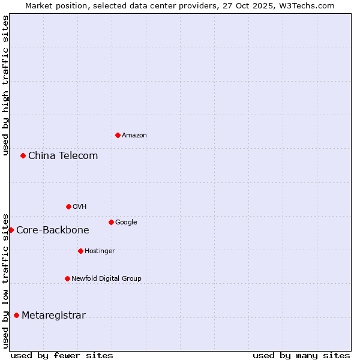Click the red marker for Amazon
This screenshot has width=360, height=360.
pyautogui.click(x=118, y=135)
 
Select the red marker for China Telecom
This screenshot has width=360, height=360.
pyautogui.click(x=23, y=155)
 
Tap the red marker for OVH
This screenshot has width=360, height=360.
pyautogui.click(x=68, y=206)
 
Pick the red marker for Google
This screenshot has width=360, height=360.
pyautogui.click(x=111, y=222)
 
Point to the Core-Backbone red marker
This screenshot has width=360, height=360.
pyautogui.click(x=11, y=230)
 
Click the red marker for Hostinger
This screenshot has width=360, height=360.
pyautogui.click(x=80, y=251)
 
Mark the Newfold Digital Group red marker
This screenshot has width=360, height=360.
pyautogui.click(x=67, y=278)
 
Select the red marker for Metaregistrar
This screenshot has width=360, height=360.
pyautogui.click(x=16, y=315)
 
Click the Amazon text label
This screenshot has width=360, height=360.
pyautogui.click(x=134, y=136)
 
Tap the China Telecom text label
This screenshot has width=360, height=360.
pyautogui.click(x=63, y=156)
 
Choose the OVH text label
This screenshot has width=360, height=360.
pyautogui.click(x=80, y=207)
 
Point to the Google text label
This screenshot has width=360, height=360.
pyautogui.click(x=126, y=223)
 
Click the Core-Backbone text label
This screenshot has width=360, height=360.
pyautogui.click(x=53, y=230)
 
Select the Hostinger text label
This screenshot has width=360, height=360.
pyautogui.click(x=100, y=251)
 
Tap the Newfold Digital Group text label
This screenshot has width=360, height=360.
pyautogui.click(x=106, y=279)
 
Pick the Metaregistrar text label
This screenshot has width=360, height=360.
pyautogui.click(x=53, y=316)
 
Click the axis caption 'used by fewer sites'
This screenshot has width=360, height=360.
pyautogui.click(x=62, y=355)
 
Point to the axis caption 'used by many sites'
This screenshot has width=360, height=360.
pyautogui.click(x=301, y=355)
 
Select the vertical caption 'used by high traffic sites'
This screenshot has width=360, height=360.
pyautogui.click(x=6, y=85)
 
